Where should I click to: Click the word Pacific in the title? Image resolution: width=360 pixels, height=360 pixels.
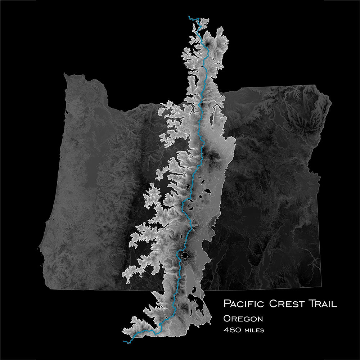coord(244,303)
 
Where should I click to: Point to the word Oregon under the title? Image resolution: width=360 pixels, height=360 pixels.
coord(243,319)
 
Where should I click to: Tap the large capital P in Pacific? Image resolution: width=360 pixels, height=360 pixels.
coord(227,303)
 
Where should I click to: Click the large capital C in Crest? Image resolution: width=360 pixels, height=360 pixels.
coord(273,303)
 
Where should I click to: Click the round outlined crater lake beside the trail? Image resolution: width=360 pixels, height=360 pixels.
coord(185,255)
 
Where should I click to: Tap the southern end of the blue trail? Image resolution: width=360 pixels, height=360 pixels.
coord(124,341)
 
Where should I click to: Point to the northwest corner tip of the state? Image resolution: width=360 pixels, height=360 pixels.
coord(65,75)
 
